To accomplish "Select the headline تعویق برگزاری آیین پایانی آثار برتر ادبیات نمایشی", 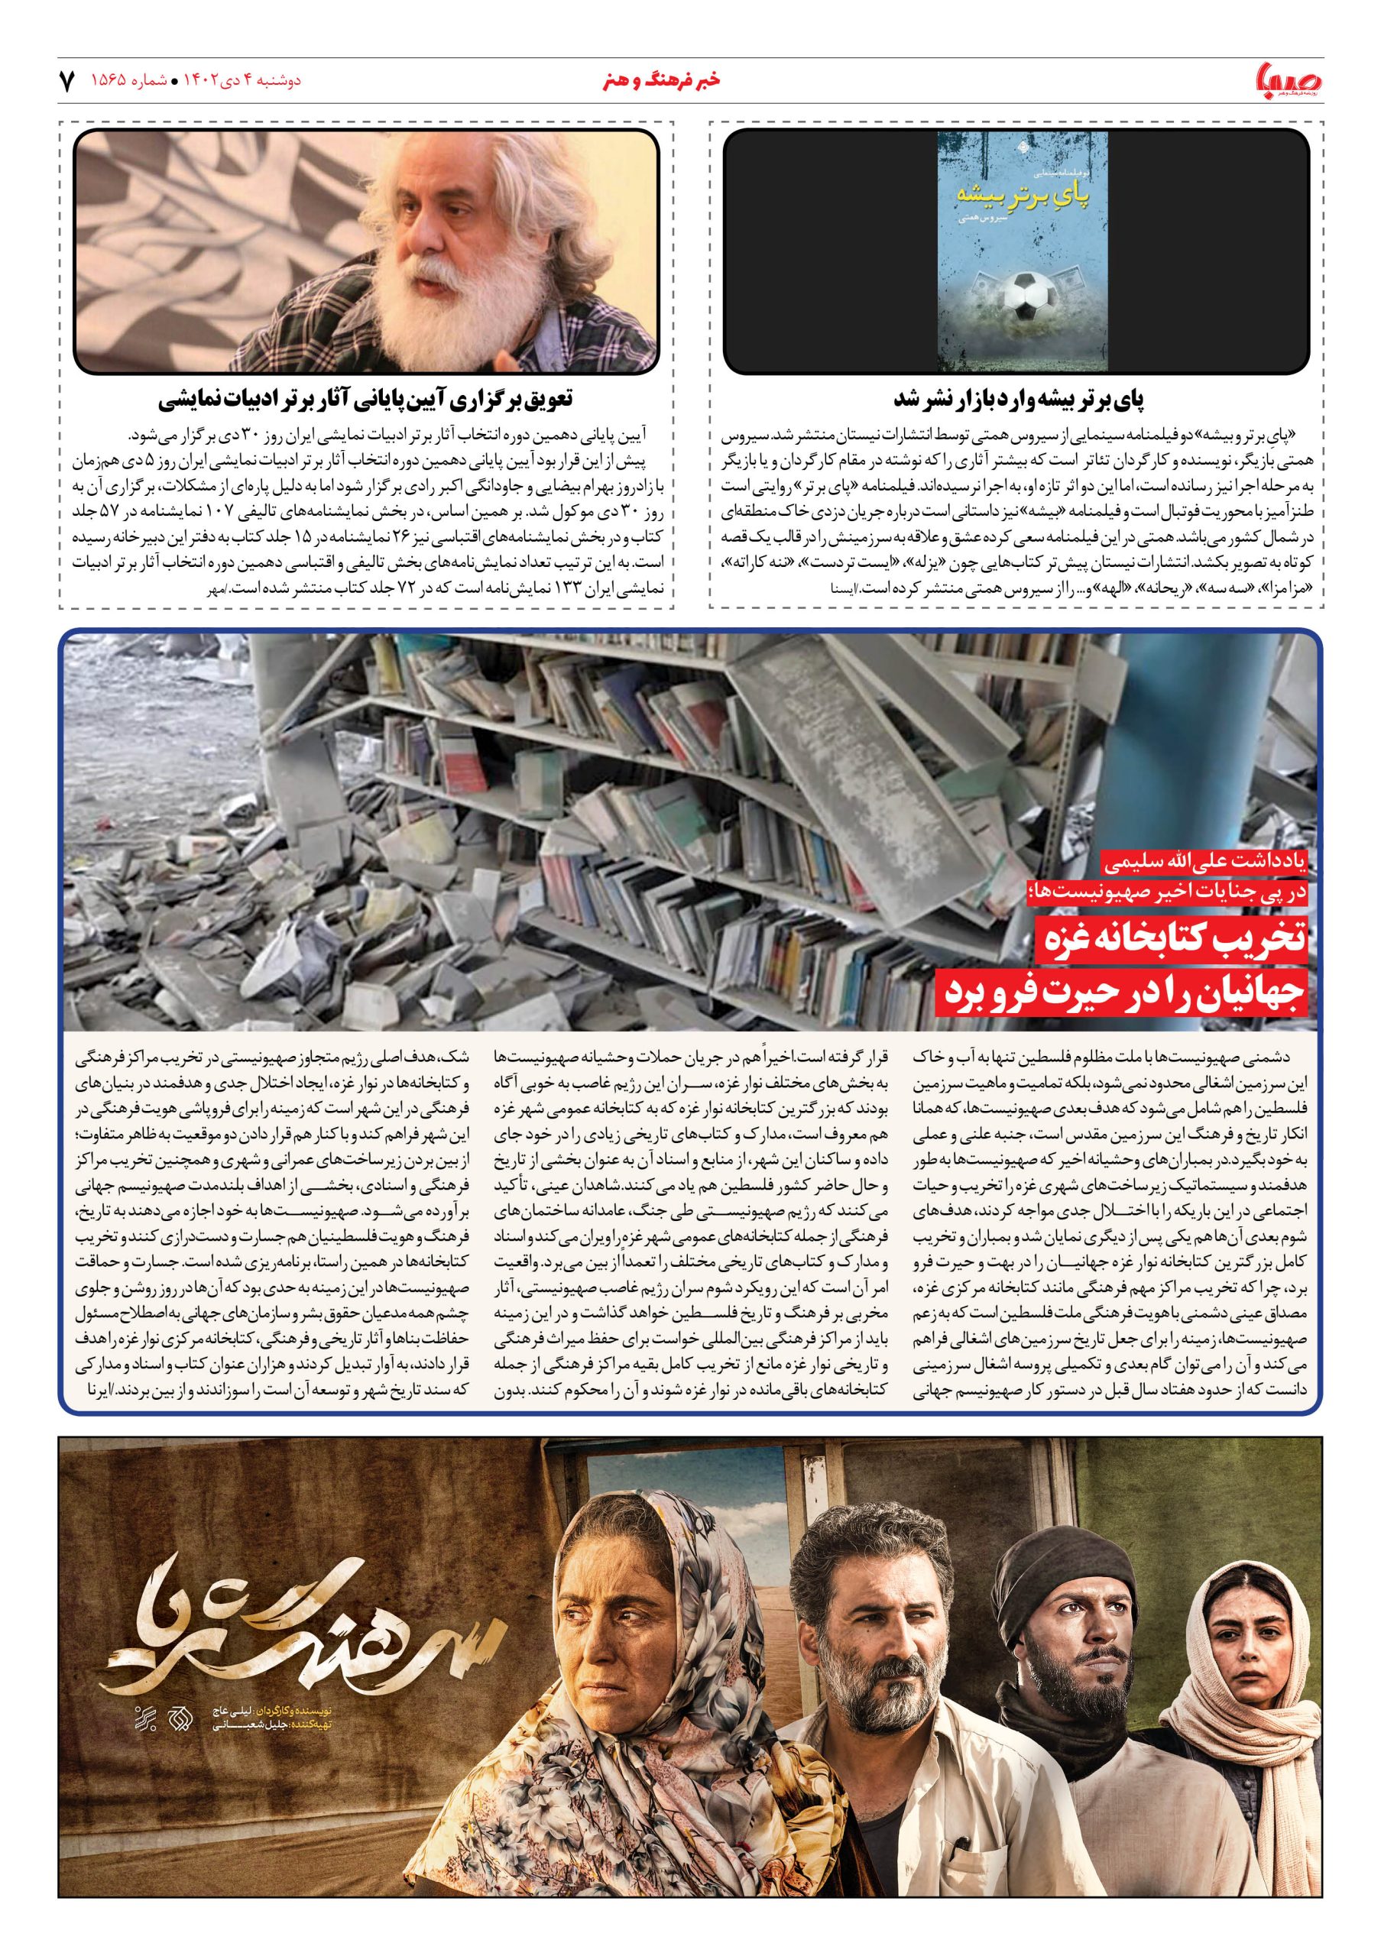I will tap(366, 399).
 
